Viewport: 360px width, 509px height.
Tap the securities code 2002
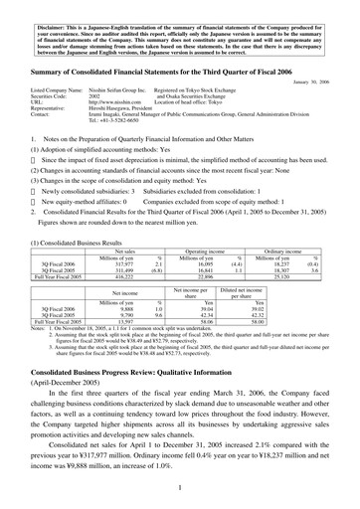pos(95,95)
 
